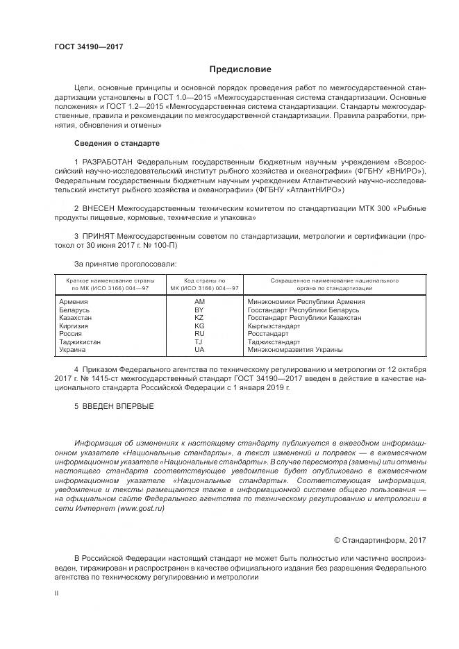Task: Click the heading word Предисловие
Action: tap(240, 69)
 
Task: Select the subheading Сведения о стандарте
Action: tap(117, 143)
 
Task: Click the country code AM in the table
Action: tap(200, 302)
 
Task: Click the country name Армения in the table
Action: tap(74, 302)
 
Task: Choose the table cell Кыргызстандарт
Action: tap(274, 326)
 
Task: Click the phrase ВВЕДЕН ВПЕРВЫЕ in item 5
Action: tap(114, 405)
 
